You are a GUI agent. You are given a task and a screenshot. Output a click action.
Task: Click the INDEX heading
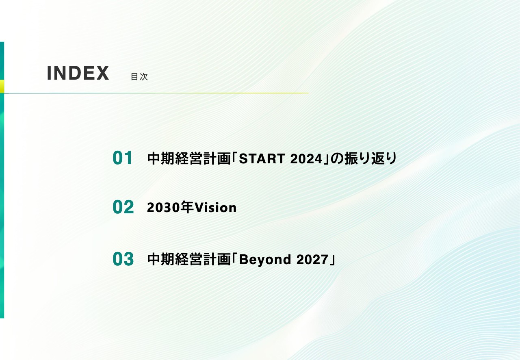78,73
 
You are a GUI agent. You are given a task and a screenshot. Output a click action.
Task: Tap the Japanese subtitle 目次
139,77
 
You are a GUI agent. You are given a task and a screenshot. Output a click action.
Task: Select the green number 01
123,158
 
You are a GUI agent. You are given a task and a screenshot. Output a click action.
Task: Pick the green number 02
123,207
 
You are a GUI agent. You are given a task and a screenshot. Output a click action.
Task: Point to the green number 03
123,259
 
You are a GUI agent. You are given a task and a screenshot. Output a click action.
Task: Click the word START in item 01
262,159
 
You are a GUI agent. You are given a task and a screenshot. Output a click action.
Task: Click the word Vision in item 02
215,208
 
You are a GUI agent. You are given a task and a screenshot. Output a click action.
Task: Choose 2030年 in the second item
170,208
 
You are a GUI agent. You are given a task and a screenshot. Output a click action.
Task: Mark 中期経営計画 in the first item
188,158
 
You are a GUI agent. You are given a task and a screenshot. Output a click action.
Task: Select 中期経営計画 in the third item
188,259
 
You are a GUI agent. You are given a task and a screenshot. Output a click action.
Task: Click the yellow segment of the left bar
2,86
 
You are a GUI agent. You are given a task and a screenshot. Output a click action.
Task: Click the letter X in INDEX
102,73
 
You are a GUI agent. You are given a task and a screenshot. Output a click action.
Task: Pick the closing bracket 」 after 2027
332,260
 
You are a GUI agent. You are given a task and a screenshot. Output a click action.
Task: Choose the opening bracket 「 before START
234,158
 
